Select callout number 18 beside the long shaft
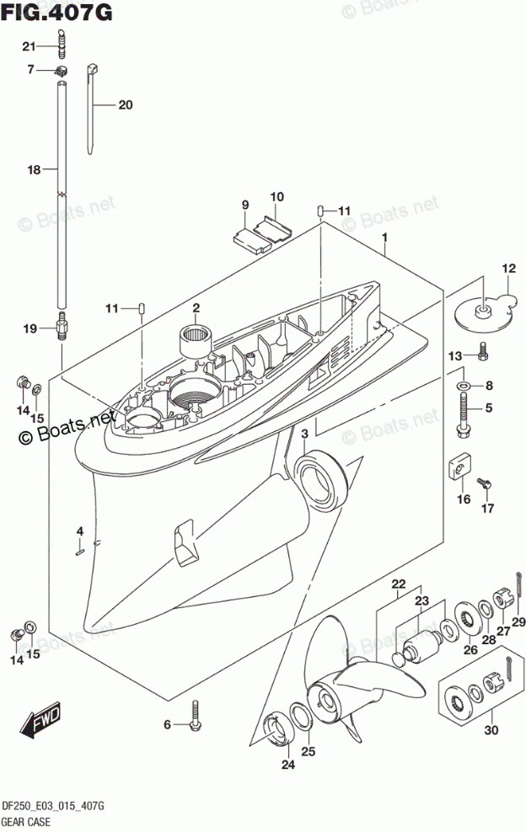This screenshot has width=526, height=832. tap(34, 170)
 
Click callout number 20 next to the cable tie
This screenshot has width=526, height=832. tap(126, 105)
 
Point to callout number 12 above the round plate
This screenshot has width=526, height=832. tap(508, 269)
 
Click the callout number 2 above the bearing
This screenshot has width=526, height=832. tap(195, 308)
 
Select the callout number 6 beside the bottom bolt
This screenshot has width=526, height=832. tap(167, 725)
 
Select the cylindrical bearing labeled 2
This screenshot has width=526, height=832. tap(195, 339)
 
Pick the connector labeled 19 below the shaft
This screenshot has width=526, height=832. tap(62, 326)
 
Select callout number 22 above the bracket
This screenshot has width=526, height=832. tap(398, 584)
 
